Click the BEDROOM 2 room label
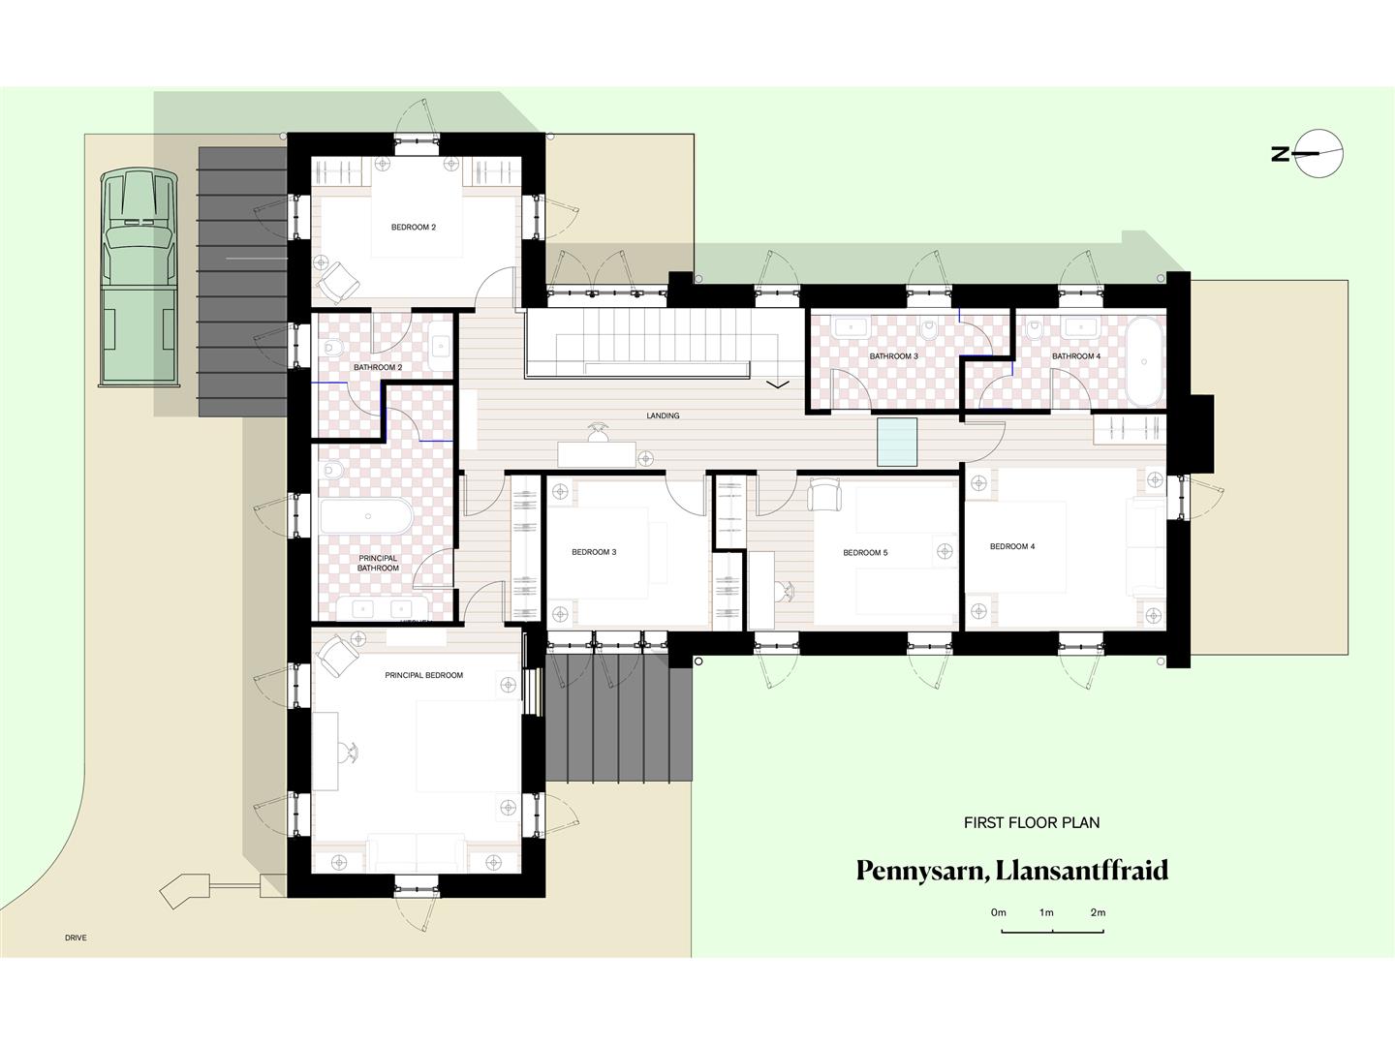tap(413, 228)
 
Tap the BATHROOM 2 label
tap(377, 368)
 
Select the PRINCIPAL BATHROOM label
tap(378, 563)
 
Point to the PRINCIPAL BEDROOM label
tap(423, 675)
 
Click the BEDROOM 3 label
tap(594, 552)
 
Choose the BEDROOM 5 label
tap(865, 553)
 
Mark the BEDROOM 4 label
tap(1012, 546)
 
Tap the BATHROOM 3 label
tap(893, 356)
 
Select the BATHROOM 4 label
tap(1075, 356)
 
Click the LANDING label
tap(663, 415)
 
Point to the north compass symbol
tap(1319, 153)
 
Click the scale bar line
tap(1052, 932)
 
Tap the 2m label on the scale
tap(1098, 912)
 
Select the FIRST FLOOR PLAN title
tap(1032, 823)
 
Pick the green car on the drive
tap(139, 278)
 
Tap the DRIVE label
tap(76, 938)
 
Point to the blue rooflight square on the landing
tap(897, 442)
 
